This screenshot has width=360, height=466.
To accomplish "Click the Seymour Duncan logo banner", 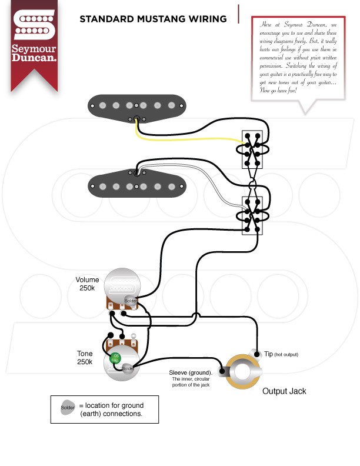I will (x=34, y=41).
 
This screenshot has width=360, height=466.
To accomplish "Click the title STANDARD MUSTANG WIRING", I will (x=153, y=19).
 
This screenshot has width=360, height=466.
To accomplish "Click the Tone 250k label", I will (x=85, y=358).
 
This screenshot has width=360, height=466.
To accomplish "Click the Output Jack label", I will (x=284, y=391).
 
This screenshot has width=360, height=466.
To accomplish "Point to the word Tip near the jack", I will (x=268, y=354).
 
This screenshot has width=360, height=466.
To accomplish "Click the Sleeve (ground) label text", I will (x=190, y=373).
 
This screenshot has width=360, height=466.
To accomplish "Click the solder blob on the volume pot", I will (x=130, y=301).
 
